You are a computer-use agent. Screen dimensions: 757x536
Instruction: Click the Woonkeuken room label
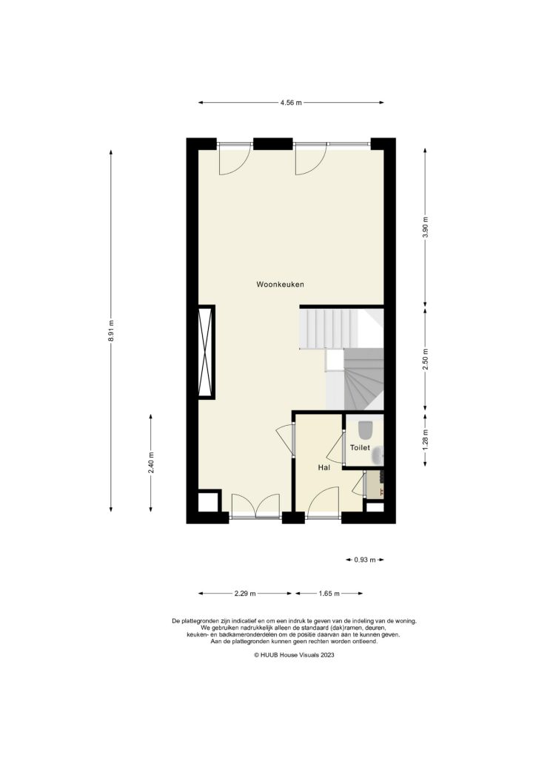point(281,284)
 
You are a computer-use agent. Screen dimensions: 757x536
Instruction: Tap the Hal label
point(324,467)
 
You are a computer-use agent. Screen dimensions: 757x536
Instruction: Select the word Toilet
point(360,448)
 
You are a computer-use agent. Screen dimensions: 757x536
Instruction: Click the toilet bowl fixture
point(365,430)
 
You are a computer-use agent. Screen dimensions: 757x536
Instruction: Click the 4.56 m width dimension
point(291,103)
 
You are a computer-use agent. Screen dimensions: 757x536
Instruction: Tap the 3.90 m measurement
point(425,227)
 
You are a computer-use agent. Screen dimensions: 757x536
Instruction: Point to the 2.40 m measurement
point(151,463)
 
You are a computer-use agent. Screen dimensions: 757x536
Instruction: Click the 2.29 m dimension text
point(245,593)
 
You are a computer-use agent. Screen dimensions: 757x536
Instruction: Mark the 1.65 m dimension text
point(329,593)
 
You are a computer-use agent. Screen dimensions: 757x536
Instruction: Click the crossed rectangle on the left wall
point(205,352)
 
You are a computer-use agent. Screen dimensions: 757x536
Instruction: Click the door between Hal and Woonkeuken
point(285,442)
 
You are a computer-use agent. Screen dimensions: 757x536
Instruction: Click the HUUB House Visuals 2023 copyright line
point(294,655)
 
